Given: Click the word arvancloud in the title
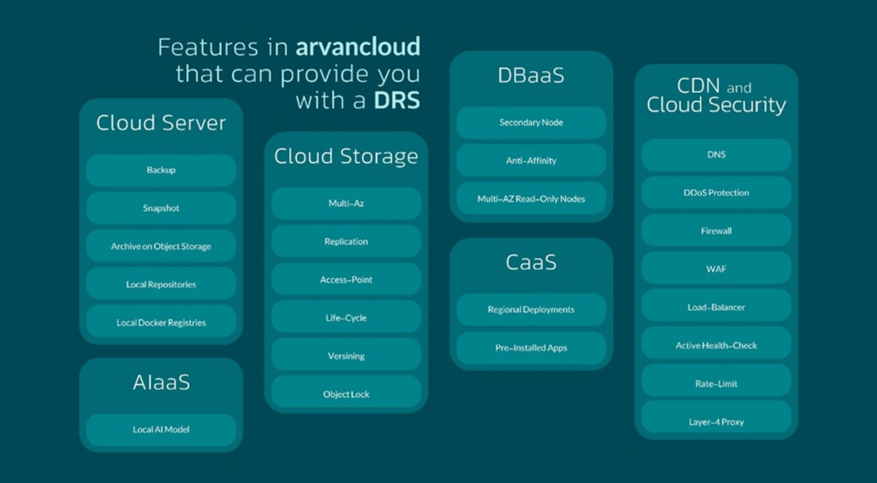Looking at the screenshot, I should [x=358, y=47].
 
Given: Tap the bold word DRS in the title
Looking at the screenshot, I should [x=396, y=100].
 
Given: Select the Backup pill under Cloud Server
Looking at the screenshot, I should [x=161, y=170].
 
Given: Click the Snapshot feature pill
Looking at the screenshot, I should [x=161, y=208].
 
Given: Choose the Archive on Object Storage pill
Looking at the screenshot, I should [x=161, y=247].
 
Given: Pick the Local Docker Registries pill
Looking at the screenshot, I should [x=161, y=323].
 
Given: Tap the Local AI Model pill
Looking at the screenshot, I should [x=161, y=430].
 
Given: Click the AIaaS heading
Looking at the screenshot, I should [x=161, y=383].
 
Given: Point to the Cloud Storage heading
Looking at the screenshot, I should [x=346, y=157].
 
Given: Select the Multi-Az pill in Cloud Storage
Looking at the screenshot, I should [x=346, y=203].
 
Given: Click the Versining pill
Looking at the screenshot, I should [x=346, y=356].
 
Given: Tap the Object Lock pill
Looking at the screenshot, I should [x=346, y=394].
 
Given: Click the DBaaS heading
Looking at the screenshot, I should [x=531, y=76].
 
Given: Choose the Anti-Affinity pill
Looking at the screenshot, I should [x=531, y=161].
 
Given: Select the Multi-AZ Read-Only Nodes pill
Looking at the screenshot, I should [x=531, y=199].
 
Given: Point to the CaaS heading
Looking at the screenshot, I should [x=531, y=262].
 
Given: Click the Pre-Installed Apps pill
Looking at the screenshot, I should [x=531, y=348].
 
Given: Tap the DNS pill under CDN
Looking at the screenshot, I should [x=716, y=155].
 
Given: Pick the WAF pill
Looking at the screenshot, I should [x=716, y=269].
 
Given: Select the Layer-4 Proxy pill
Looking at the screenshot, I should [x=716, y=422].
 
